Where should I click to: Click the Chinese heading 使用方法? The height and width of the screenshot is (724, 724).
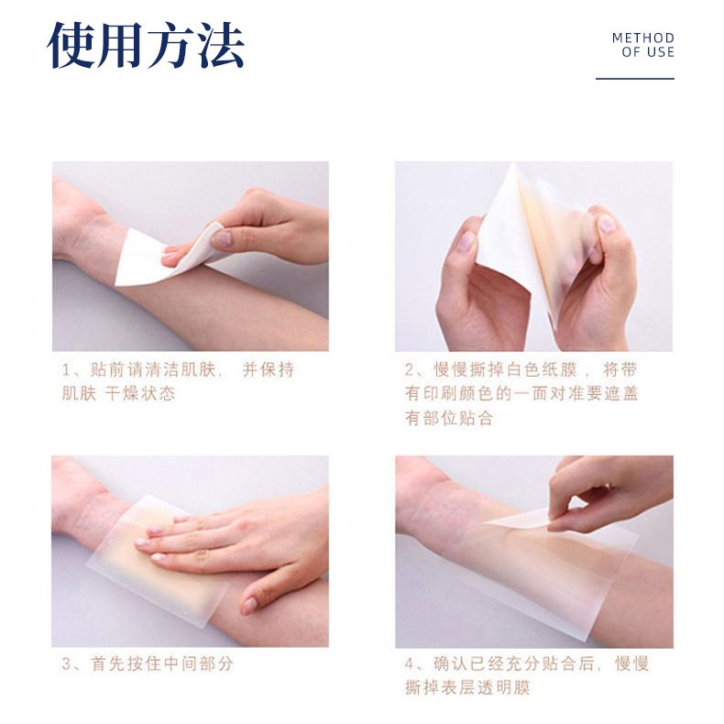click(146, 45)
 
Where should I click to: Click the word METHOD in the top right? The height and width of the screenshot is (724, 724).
click(643, 38)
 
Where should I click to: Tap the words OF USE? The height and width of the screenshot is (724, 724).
click(648, 52)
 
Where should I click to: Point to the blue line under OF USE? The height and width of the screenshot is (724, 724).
click(635, 79)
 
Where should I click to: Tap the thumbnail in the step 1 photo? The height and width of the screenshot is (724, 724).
click(222, 238)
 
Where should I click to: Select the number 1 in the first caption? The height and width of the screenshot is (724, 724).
click(67, 370)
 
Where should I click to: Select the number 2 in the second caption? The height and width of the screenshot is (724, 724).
click(410, 370)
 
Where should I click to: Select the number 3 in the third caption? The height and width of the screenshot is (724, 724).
click(67, 664)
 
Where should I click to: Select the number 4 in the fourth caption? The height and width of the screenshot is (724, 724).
click(410, 664)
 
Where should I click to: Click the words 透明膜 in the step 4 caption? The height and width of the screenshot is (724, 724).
click(504, 688)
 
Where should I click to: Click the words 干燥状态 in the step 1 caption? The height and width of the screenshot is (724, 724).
click(140, 393)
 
